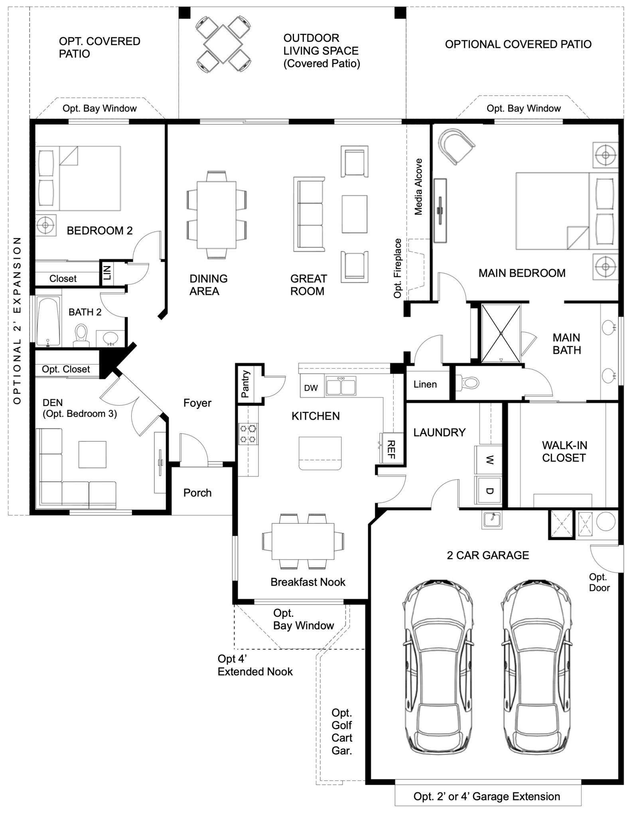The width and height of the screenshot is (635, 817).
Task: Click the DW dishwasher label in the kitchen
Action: (311, 388)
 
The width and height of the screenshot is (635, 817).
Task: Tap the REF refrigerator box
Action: (392, 449)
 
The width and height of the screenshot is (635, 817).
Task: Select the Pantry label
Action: (246, 384)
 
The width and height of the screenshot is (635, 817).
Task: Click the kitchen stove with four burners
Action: (248, 434)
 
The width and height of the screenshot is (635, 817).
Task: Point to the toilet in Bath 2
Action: (81, 334)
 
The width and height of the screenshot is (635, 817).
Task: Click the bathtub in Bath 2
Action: (48, 322)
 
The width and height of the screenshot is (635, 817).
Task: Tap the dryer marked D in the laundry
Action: (489, 490)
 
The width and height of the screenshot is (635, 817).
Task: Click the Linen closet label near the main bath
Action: (425, 385)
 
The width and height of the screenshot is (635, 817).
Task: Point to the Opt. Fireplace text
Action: (398, 268)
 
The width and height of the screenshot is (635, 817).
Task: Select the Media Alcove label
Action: (418, 187)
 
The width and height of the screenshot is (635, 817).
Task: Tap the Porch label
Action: (197, 493)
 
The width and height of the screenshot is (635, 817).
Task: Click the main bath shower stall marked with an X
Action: (501, 334)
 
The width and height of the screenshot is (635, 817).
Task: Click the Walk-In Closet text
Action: (564, 452)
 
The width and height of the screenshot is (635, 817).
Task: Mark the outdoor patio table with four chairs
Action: (223, 44)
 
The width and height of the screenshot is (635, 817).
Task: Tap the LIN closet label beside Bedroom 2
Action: (107, 273)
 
